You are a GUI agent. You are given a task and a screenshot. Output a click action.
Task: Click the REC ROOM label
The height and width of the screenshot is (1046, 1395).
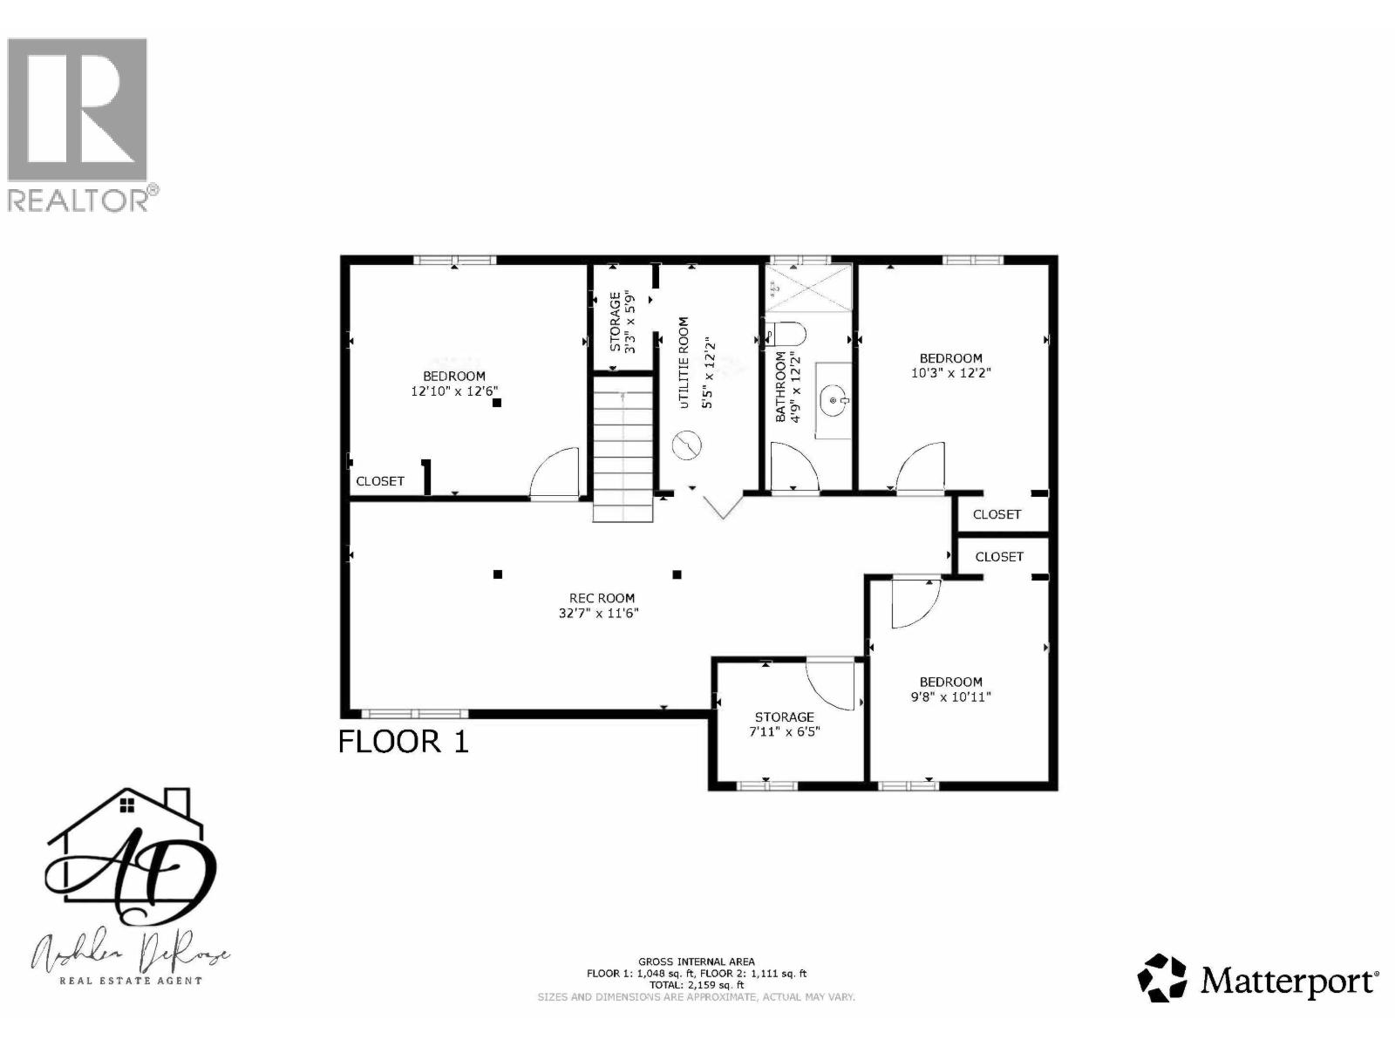coord(602,598)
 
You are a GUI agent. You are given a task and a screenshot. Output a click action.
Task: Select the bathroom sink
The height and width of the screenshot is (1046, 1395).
coord(835,400)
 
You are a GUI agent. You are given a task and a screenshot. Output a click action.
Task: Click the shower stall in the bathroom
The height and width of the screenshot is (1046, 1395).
coord(807,286)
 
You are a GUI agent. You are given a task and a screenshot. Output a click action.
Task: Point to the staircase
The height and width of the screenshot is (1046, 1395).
coord(623,448)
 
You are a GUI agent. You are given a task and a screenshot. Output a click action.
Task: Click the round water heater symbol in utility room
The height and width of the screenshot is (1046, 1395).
coord(687,446)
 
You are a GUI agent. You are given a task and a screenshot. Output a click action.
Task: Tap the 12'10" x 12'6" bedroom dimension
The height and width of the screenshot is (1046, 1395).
coord(454,391)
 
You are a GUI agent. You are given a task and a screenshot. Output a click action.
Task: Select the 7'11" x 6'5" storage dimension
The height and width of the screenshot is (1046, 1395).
coord(785,732)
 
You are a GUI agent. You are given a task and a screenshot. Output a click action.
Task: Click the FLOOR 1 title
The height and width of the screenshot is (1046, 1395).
coord(403,742)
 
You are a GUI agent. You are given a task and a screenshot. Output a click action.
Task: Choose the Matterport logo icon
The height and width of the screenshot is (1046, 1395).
coord(1163,977)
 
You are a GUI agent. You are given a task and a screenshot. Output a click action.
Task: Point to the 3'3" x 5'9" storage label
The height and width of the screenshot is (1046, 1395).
coord(622,321)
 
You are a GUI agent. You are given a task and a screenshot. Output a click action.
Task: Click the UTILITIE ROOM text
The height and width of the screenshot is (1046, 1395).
coord(684,362)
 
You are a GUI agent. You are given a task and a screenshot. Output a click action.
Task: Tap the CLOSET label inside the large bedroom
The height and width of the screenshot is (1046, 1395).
coord(380,481)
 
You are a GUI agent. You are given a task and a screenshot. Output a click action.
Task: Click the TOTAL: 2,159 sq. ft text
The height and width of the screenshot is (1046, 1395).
coord(696,984)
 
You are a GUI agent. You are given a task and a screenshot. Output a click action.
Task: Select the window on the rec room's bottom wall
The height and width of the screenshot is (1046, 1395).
coord(414,714)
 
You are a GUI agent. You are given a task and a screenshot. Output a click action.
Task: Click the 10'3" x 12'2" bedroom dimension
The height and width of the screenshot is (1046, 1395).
coord(950,372)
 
